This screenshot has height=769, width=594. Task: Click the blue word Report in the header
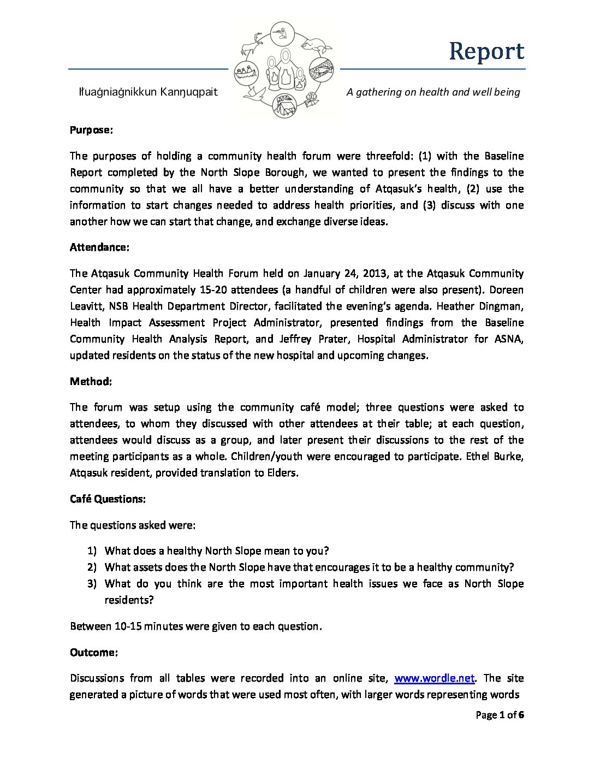coord(486,51)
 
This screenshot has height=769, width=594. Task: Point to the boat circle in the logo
coord(246,73)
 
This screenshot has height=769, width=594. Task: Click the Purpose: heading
coord(91,130)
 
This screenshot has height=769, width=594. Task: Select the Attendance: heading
coord(99,247)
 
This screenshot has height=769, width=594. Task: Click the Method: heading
coord(91,381)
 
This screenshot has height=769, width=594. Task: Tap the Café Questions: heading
coord(108,499)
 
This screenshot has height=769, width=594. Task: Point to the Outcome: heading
coord(93,653)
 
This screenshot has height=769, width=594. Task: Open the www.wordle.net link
coord(435,678)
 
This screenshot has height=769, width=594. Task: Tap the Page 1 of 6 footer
coord(500,715)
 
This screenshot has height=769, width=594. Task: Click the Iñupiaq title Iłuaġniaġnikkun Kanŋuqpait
coord(149,92)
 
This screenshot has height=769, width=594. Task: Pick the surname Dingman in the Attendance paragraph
coord(500,306)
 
